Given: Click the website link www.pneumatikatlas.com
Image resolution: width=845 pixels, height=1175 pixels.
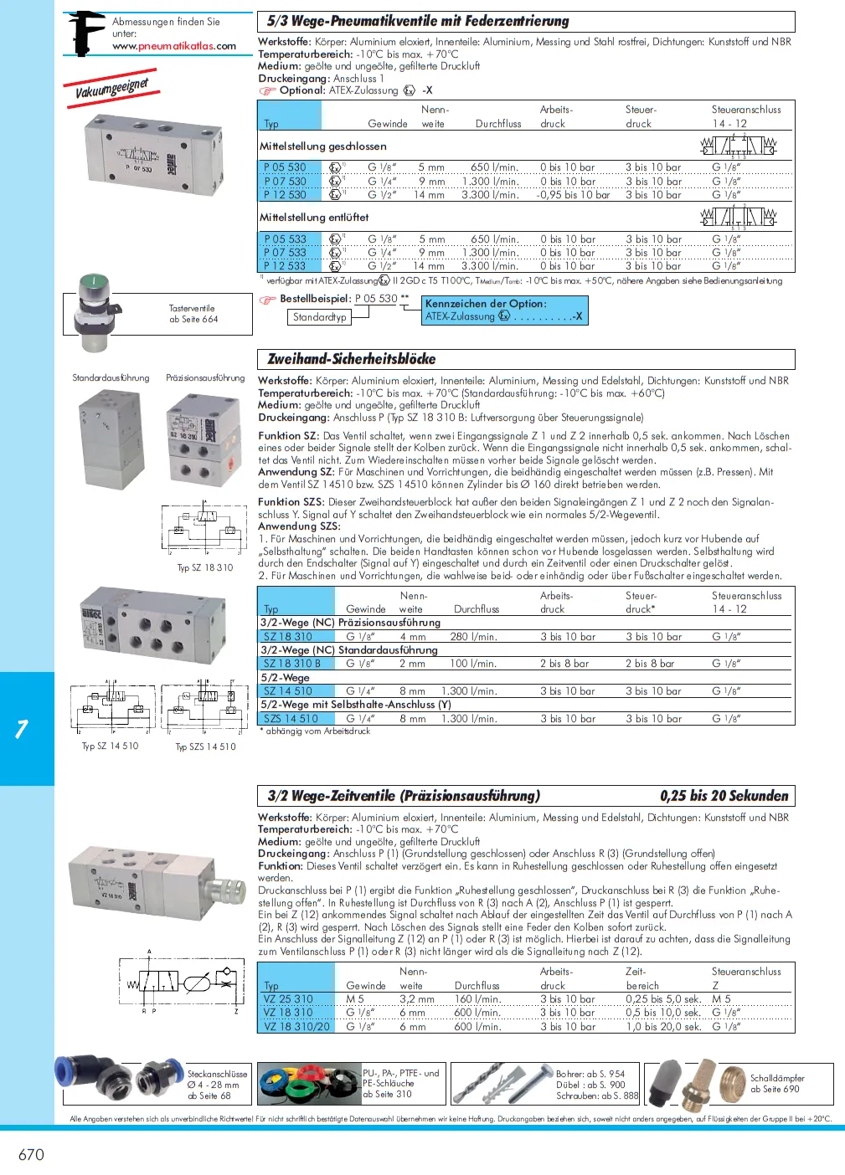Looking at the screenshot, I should tap(174, 46).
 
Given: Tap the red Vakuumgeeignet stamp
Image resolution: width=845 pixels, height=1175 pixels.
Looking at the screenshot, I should tap(111, 88).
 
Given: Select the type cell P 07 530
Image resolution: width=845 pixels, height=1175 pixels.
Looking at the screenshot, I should tap(286, 181).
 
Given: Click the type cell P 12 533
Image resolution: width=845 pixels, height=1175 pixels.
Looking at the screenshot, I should tap(286, 266).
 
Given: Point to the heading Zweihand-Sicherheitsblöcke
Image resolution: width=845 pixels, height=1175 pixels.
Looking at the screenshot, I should tap(351, 359).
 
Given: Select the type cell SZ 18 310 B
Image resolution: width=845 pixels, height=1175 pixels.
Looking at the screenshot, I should tap(291, 664).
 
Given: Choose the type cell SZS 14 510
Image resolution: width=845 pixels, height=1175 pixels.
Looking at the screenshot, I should tap(291, 719).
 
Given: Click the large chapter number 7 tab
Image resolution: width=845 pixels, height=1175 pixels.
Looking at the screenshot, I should tap(23, 729).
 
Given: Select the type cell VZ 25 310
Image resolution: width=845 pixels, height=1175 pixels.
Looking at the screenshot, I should tap(288, 999).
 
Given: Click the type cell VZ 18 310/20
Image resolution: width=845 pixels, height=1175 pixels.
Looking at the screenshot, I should tap(296, 1026).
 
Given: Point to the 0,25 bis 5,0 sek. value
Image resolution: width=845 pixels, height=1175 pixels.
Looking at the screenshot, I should tap(662, 999).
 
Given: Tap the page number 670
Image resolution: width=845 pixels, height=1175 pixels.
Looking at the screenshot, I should tap(31, 1155).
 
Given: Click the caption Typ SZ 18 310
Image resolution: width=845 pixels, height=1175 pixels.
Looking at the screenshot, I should tap(204, 567).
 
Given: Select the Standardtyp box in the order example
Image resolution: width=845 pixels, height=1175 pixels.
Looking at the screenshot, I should tap(319, 317).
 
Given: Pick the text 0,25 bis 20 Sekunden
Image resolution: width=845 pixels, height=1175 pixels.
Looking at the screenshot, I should tap(724, 796).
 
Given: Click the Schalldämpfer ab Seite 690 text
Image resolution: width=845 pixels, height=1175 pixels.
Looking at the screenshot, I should tap(776, 1084).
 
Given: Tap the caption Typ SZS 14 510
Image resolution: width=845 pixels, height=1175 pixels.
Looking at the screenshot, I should tap(205, 747).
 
